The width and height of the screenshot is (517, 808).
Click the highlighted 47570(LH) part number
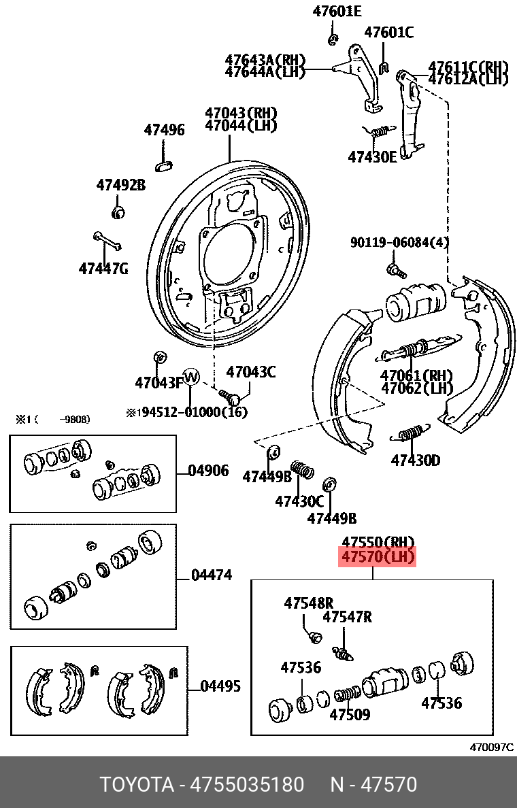point(378,558)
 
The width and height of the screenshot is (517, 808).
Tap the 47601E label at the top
point(337,11)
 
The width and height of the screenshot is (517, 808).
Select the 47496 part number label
point(164,130)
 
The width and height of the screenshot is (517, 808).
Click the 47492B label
point(120,184)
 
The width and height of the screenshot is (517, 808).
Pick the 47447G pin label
point(103,268)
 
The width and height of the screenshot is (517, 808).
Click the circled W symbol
point(191,376)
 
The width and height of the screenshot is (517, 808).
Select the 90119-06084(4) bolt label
point(399,242)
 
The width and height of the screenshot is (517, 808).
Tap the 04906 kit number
point(208,471)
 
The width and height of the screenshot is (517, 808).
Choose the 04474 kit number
point(212,575)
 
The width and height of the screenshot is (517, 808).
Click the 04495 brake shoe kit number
point(220,686)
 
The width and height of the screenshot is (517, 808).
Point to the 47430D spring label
point(415,461)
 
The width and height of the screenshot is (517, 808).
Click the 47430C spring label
point(299,501)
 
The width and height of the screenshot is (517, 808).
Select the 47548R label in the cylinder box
point(309,603)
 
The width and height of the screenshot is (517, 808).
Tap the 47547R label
point(347,617)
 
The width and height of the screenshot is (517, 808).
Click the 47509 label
point(350,715)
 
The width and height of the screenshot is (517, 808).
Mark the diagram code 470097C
point(491,747)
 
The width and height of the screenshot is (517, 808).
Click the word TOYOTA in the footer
point(137,785)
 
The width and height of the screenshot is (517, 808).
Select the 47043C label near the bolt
point(251,372)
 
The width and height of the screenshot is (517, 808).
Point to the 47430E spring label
point(372,156)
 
